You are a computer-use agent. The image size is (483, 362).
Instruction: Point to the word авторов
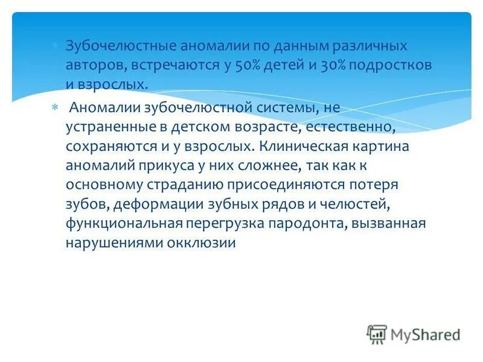(x=92, y=65)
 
